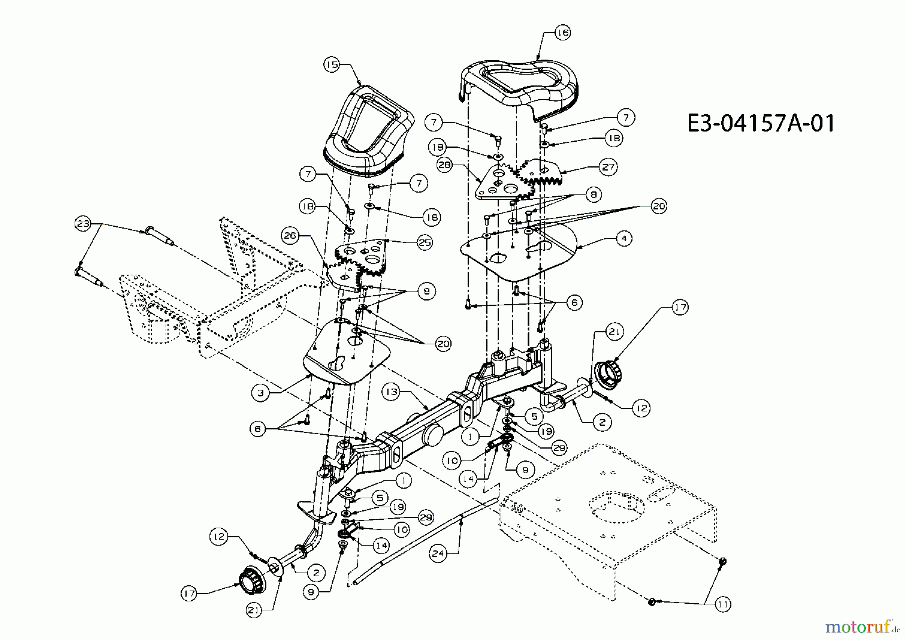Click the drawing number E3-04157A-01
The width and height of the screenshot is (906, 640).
(x=761, y=123)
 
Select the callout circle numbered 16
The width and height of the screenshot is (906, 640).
(x=562, y=32)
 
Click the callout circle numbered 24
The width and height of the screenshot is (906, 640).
(x=438, y=553)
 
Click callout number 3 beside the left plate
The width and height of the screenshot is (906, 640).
(x=260, y=393)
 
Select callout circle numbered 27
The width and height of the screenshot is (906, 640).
(x=608, y=166)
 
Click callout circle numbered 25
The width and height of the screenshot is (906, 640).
(x=425, y=242)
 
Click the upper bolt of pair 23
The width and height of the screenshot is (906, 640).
(x=158, y=236)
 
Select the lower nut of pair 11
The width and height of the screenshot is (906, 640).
(x=651, y=601)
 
